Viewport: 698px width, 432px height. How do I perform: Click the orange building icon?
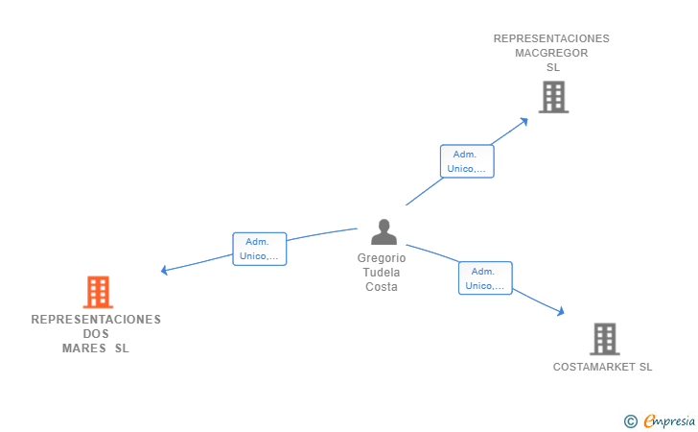98,292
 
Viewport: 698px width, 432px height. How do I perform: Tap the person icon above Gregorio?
384,231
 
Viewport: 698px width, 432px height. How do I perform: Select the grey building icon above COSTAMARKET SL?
604,339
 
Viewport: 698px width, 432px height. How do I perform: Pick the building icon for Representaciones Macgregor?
554,97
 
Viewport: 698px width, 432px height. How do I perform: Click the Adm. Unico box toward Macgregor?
467,161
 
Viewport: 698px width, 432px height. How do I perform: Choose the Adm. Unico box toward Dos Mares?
260,249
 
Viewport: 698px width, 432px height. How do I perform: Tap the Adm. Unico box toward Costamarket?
485,278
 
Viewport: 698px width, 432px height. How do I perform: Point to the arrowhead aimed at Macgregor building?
523,122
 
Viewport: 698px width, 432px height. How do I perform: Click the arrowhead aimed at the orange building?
164,270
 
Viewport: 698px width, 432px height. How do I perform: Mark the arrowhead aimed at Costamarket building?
561,311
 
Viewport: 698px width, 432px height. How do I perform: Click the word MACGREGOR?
551,53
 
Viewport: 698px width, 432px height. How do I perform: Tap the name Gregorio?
382,258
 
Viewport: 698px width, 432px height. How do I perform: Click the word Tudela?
382,273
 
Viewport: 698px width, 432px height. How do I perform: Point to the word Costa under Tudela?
382,287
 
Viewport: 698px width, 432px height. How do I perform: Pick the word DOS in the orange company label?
96,334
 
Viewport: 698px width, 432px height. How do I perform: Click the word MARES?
84,348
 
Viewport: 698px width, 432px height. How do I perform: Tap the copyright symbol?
630,421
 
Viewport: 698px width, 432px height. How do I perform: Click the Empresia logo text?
669,420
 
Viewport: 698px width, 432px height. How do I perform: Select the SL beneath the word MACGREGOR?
553,67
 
